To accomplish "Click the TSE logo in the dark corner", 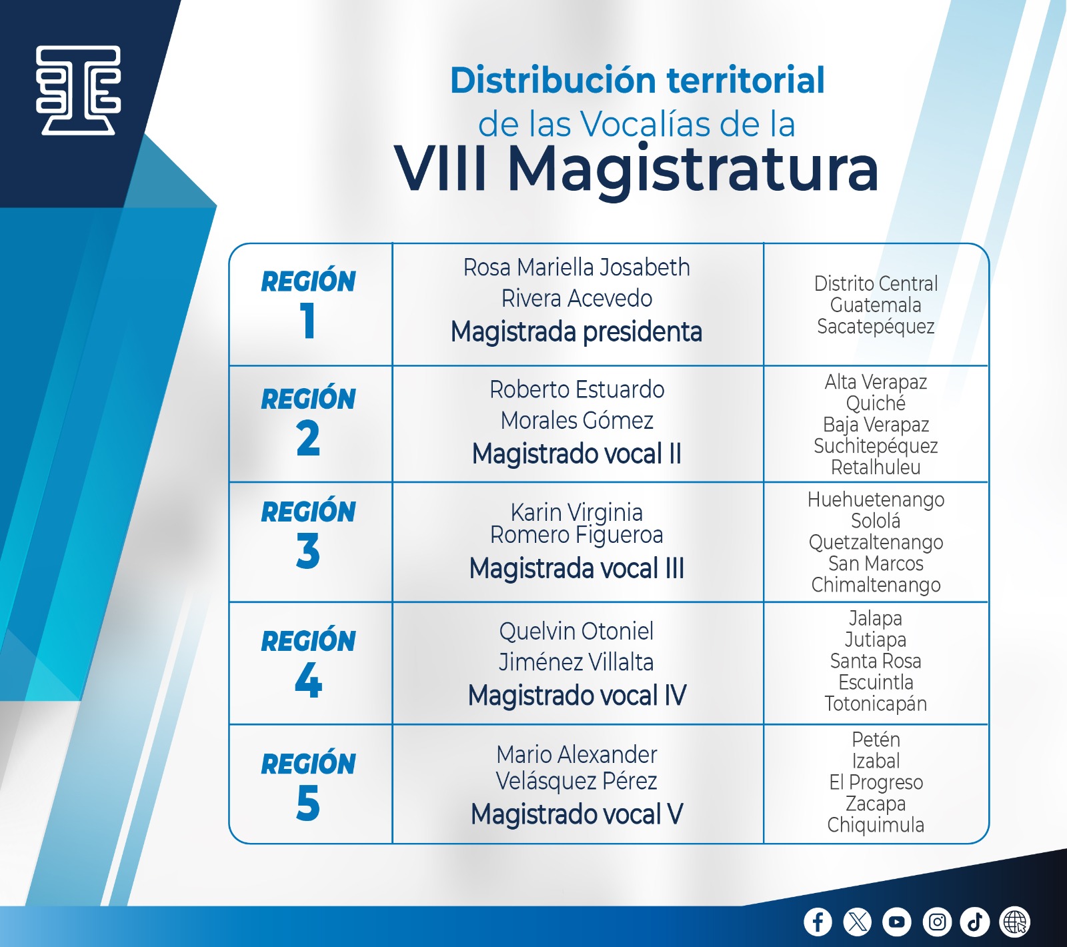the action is (79, 90).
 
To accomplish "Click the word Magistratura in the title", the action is (693, 169).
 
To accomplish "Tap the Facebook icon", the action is (818, 922).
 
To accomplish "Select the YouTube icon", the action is (896, 922).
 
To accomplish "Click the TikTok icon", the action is (974, 922).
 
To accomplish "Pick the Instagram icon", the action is (936, 922).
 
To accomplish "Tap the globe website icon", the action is (1015, 922).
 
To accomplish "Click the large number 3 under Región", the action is (308, 552).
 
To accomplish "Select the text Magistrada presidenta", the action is (577, 331).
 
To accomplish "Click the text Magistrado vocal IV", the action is (577, 696).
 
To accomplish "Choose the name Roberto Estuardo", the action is (577, 389).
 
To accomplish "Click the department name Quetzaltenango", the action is (876, 543).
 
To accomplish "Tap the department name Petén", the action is (876, 739).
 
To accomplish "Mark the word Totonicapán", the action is (876, 704).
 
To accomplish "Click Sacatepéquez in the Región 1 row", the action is (876, 327).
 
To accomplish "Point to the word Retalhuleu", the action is (876, 467).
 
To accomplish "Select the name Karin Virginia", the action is (577, 513).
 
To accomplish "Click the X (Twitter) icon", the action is (857, 922).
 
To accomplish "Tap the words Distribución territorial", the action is (638, 80).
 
